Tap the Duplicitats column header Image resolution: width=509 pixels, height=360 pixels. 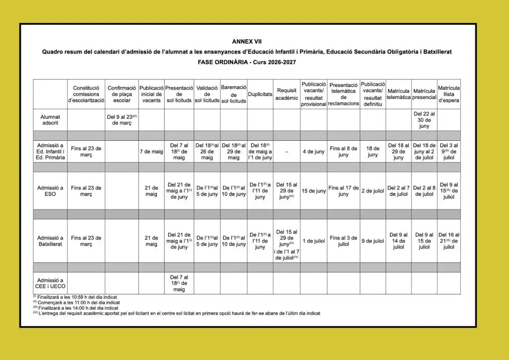(260, 93)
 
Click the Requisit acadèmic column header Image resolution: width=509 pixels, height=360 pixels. (287, 94)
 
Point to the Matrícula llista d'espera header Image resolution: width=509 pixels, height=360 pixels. (449, 94)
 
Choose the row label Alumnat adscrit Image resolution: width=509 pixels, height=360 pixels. (50, 120)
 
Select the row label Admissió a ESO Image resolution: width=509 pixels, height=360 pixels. (50, 191)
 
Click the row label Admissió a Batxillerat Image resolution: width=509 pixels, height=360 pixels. (50, 241)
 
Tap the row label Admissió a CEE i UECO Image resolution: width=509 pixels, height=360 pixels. (50, 283)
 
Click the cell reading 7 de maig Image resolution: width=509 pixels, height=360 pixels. (151, 151)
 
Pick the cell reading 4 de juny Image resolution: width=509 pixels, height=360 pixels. (314, 151)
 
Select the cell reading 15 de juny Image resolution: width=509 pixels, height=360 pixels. (314, 191)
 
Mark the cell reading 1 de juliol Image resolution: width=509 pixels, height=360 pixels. (314, 241)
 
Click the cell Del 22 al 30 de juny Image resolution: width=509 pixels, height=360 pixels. (424, 120)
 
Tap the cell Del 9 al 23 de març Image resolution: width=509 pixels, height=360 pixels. (121, 120)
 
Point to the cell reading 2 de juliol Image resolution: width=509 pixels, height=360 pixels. (373, 191)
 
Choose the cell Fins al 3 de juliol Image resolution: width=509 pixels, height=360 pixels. (343, 241)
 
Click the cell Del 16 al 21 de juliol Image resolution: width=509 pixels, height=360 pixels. (449, 241)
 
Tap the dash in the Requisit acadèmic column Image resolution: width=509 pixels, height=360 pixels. (287, 151)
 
